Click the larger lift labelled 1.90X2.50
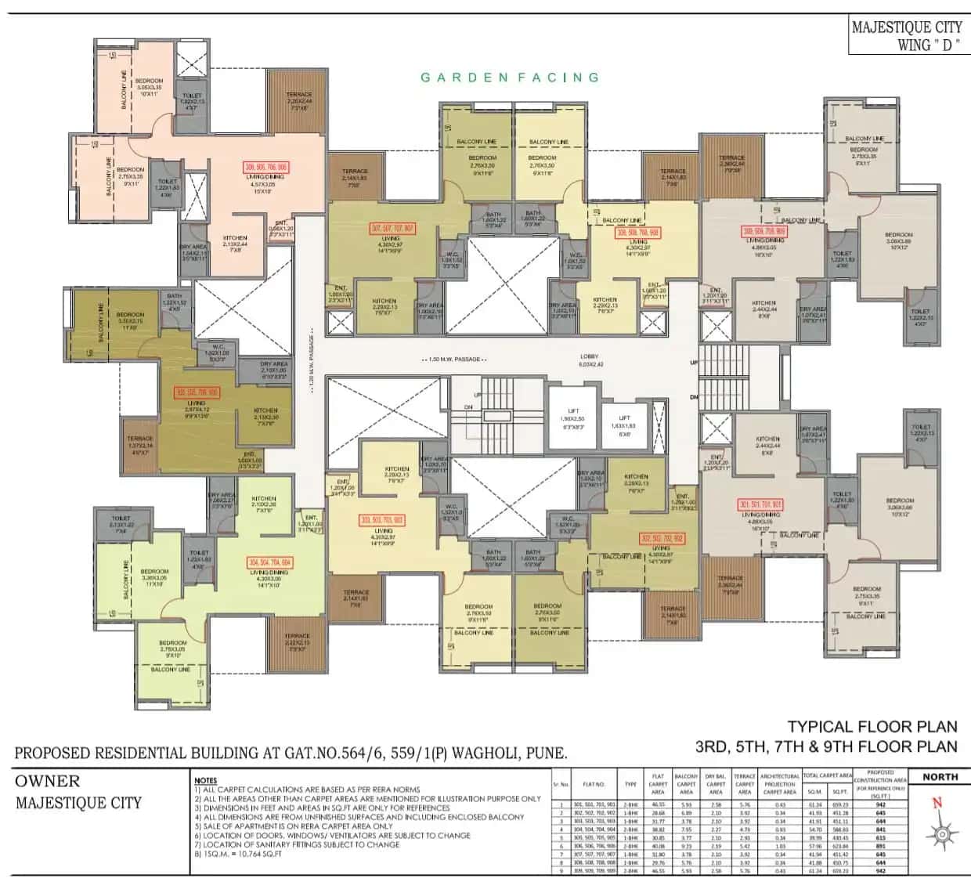click(x=572, y=415)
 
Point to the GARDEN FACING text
click(x=510, y=77)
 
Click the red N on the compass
click(x=937, y=802)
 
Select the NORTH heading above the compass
click(x=940, y=776)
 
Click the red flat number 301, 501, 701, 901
click(x=760, y=505)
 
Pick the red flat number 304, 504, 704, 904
click(x=269, y=562)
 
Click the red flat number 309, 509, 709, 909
click(x=763, y=232)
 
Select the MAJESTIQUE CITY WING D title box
click(x=907, y=35)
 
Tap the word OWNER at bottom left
click(x=48, y=781)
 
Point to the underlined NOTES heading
click(x=205, y=781)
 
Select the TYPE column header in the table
click(x=630, y=783)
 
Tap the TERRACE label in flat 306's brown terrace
click(x=298, y=95)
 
